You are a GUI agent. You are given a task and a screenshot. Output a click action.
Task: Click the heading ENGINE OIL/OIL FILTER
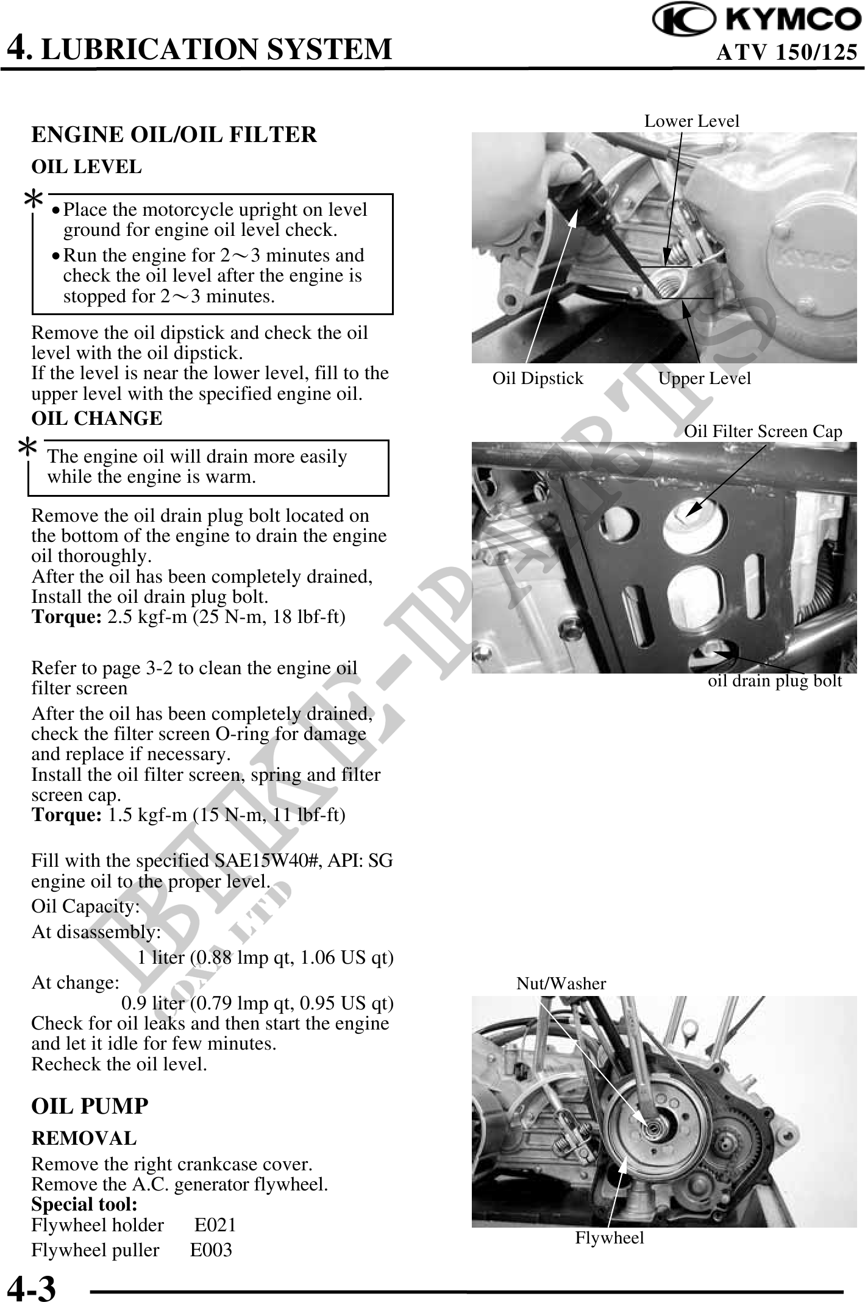(174, 135)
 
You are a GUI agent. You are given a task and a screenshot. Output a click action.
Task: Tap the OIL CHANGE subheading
(97, 419)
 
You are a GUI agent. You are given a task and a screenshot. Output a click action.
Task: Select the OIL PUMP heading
(90, 1106)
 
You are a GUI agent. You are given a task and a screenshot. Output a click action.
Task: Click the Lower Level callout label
(691, 121)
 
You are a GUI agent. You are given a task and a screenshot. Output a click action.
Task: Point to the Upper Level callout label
(704, 379)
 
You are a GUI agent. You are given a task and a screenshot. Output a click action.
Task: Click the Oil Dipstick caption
(538, 379)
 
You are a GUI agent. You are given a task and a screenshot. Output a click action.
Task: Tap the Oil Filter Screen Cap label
(763, 432)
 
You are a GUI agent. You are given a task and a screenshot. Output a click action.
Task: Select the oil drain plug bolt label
(774, 681)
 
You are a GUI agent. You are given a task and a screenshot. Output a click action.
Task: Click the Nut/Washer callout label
(561, 983)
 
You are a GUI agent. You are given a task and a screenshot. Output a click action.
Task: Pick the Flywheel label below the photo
(609, 1238)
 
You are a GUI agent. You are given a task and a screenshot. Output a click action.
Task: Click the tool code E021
(215, 1225)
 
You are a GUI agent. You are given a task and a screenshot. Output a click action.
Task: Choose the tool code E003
(211, 1250)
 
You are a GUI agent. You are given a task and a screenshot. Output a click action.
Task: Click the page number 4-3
(31, 1288)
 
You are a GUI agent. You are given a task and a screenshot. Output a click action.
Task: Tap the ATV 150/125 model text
(786, 53)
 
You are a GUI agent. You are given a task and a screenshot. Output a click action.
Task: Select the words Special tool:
(84, 1204)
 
